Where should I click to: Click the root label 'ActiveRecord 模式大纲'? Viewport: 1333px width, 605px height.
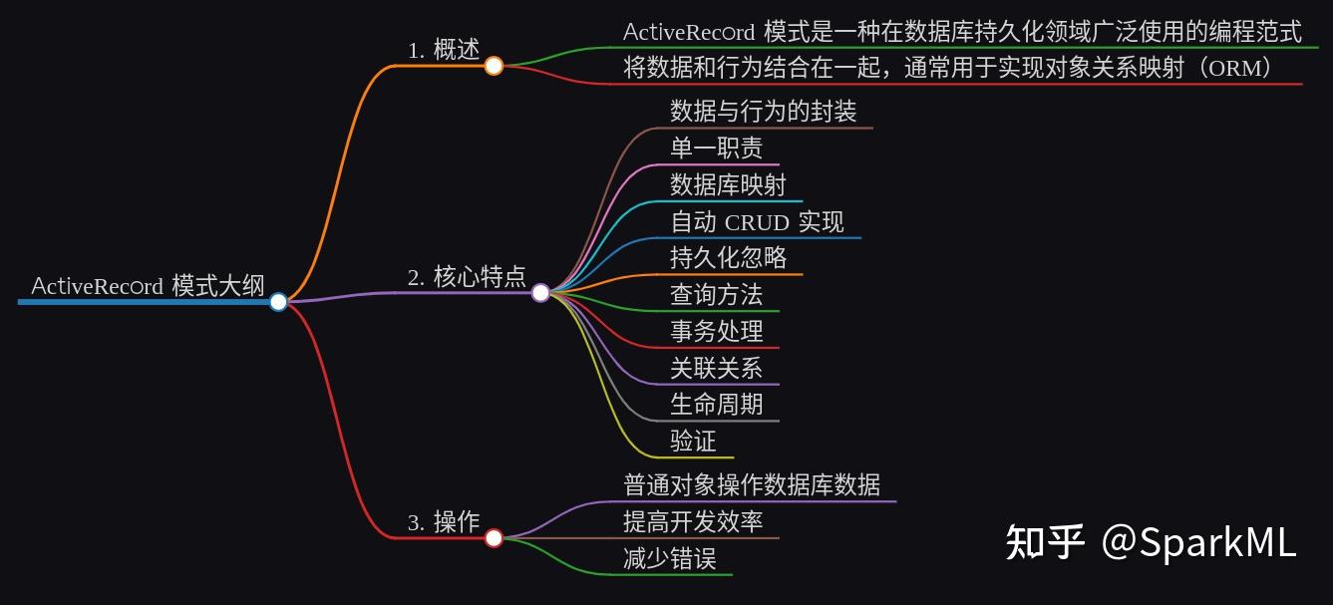click(x=148, y=286)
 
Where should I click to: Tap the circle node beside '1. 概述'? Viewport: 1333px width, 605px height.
click(x=494, y=66)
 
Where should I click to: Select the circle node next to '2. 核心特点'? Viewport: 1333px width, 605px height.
click(x=540, y=293)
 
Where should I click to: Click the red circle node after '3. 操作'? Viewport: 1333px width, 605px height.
click(x=494, y=538)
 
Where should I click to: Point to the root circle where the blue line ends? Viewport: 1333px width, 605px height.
click(x=278, y=301)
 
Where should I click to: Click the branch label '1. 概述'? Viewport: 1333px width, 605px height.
click(x=444, y=51)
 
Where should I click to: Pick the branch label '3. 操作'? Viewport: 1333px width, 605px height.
click(x=444, y=522)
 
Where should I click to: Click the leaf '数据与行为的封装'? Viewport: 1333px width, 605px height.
click(x=763, y=111)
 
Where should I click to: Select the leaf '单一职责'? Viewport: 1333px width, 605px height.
click(x=716, y=148)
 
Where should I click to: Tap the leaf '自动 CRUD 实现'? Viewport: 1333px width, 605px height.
click(x=757, y=221)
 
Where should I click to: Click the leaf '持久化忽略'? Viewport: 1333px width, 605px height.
click(x=728, y=258)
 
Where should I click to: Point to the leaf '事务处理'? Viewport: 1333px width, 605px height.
click(x=716, y=331)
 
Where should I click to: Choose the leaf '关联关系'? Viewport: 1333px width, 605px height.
click(x=716, y=368)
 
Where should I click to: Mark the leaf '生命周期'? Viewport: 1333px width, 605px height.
click(x=716, y=405)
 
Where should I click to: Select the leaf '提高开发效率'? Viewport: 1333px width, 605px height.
click(x=693, y=521)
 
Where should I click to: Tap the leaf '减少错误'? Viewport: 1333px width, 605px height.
click(x=670, y=558)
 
